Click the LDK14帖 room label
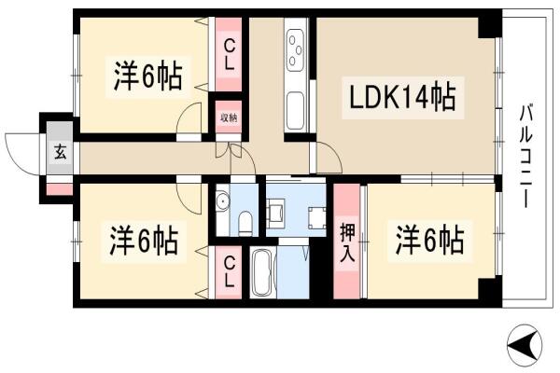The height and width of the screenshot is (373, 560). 402,97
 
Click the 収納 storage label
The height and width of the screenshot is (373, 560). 229,117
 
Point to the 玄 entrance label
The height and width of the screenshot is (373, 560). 61,153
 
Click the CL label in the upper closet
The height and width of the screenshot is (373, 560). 229,55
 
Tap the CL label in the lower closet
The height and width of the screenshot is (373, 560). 229,272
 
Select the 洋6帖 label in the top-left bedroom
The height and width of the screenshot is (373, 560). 147,76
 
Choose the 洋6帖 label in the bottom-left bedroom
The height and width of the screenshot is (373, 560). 143,242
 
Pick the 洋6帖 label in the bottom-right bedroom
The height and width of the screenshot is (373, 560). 429,241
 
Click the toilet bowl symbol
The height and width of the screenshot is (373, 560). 245,223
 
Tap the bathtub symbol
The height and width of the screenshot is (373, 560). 263,273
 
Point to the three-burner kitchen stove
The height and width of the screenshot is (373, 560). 296,50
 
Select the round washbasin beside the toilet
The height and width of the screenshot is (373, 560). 222,201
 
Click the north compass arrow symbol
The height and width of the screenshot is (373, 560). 525,345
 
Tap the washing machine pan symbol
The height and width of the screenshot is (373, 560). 317,218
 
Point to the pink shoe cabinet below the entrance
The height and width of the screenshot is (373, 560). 60,189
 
